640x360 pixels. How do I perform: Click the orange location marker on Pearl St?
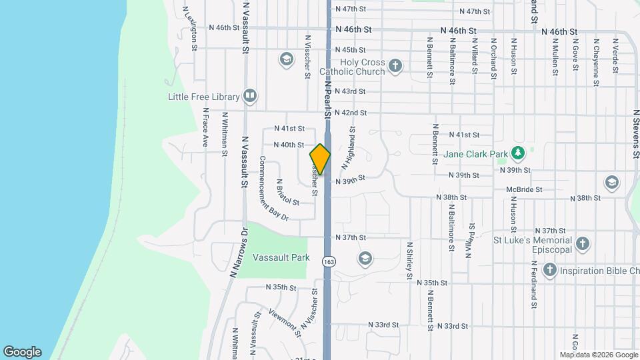[x=320, y=159]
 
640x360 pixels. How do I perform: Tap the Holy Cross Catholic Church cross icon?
[x=396, y=65]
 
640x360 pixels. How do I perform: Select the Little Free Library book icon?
[x=250, y=97]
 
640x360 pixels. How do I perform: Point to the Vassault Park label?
[x=280, y=257]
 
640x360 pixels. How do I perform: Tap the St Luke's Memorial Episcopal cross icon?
[x=583, y=244]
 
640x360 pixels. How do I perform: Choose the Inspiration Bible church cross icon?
[x=550, y=270]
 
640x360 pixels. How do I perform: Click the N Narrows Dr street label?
[x=238, y=253]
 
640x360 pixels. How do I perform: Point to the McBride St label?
[x=524, y=190]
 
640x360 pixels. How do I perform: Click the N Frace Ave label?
[x=206, y=127]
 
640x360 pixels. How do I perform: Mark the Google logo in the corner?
[x=22, y=352]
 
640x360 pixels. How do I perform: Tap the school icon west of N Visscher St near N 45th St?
[x=287, y=60]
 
